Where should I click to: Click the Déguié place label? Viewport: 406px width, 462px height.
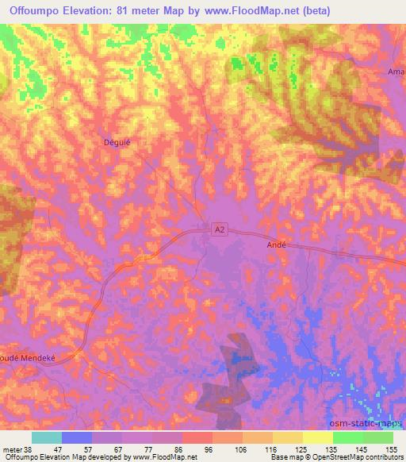pos(117,143)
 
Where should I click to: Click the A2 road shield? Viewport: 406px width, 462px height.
pos(220,229)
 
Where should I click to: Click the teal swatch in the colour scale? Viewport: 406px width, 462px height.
pos(47,437)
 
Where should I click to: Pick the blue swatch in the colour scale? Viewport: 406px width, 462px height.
pos(77,437)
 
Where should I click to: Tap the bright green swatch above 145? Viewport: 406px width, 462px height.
pos(348,437)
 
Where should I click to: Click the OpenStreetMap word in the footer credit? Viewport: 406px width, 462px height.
pos(355,457)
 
